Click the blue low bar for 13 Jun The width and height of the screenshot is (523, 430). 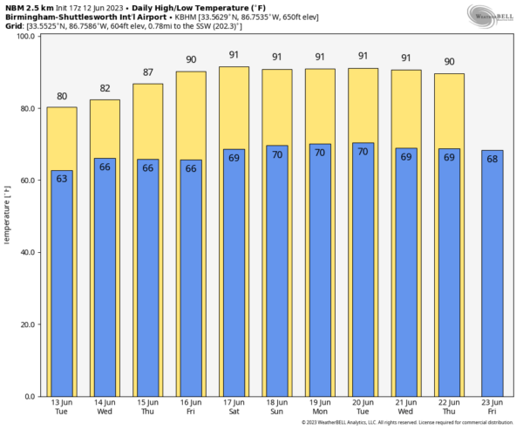click(x=62, y=288)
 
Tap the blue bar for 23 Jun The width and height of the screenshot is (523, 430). click(x=492, y=279)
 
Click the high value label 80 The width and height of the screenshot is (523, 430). click(x=62, y=97)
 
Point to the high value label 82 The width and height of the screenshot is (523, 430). click(x=105, y=89)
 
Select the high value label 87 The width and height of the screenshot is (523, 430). click(x=147, y=72)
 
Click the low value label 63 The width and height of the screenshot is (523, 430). click(x=62, y=179)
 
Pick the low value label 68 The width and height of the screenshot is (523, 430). click(x=492, y=159)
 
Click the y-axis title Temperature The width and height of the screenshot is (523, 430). click(x=8, y=216)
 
